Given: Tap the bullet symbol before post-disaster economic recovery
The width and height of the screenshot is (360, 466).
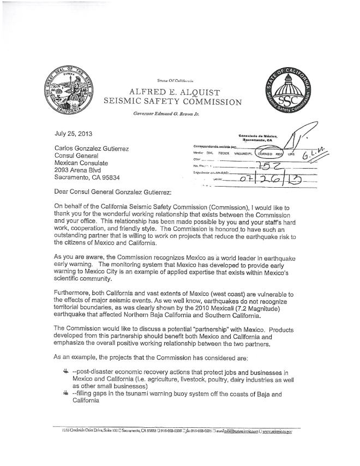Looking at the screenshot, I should [67, 372].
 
